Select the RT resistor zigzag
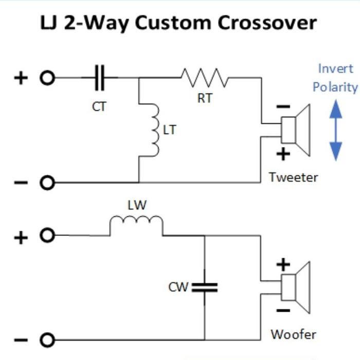pos(204,78)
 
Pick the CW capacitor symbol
pos(204,287)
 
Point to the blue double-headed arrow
pos(335,130)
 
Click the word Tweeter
pos(293,177)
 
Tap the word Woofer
pos(293,334)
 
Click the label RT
pos(205,98)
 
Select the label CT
pos(99,106)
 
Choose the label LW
pos(137,205)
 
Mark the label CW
pos(178,287)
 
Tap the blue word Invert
pos(335,68)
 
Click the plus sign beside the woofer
pos(283,264)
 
